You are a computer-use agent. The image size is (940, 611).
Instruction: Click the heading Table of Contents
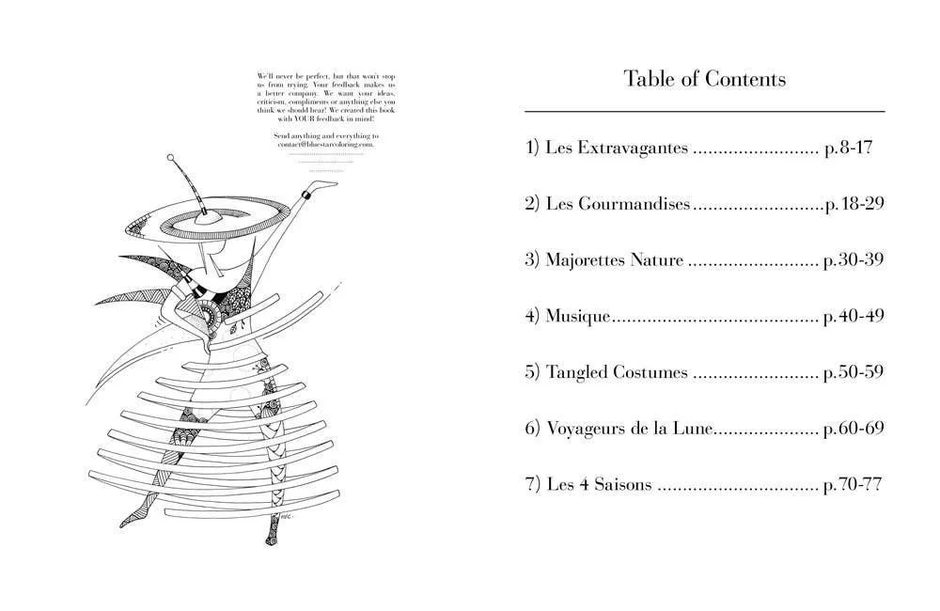(705, 78)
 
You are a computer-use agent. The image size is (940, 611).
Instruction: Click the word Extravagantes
(634, 149)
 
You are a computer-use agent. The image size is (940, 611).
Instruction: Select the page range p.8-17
(849, 149)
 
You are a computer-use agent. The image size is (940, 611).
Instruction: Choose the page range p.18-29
(854, 204)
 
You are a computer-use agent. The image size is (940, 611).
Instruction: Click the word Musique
(578, 316)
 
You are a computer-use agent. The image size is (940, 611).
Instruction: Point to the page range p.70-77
(852, 485)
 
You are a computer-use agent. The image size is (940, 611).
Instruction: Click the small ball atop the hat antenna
(171, 157)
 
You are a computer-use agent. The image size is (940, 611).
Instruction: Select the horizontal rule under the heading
(705, 112)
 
